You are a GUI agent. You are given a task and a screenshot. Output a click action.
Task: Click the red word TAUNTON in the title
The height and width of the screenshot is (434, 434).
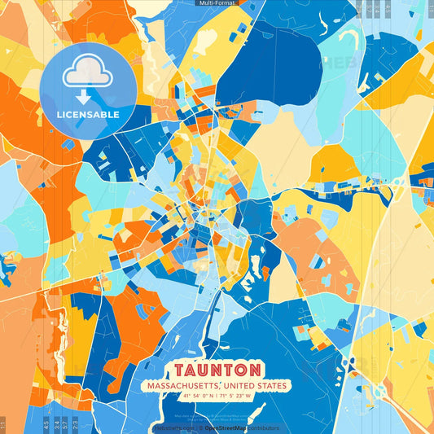point(217,370)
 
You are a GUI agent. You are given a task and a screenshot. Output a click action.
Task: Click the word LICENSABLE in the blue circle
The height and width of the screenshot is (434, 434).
point(88,115)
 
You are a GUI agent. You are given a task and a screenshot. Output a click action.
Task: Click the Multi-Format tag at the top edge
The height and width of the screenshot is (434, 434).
point(217,3)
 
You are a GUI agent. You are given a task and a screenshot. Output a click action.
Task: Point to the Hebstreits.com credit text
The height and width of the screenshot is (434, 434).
point(172,427)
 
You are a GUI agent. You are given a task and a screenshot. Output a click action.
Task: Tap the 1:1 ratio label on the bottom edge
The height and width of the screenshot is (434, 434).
point(3,425)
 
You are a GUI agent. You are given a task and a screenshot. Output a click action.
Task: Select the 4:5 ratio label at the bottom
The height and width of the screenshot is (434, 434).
point(46,425)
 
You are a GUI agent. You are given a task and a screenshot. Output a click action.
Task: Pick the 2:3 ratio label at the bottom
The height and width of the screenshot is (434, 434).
point(74,425)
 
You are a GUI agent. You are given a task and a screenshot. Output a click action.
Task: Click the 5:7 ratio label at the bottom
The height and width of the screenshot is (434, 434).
point(65,425)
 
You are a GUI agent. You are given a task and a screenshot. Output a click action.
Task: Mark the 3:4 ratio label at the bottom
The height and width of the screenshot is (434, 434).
point(55,425)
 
